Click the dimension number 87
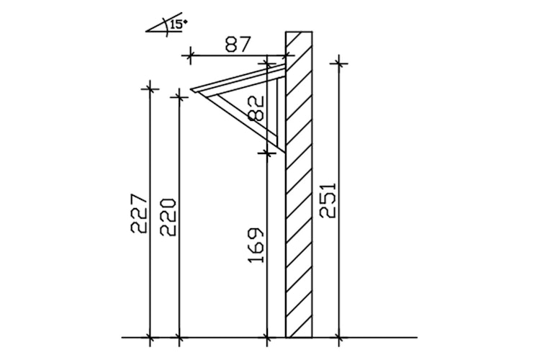[x=238, y=45]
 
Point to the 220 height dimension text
[x=168, y=216]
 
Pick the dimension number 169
[x=257, y=245]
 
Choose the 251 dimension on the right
[x=328, y=198]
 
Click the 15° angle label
[x=177, y=24]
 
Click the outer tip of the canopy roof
[x=192, y=89]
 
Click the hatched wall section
[x=299, y=216]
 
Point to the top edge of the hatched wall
[x=299, y=32]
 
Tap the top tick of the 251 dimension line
[x=338, y=64]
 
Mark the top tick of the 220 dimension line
[x=179, y=95]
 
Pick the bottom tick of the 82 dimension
[x=267, y=152]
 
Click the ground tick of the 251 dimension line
[x=338, y=336]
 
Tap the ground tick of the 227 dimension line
[x=149, y=336]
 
